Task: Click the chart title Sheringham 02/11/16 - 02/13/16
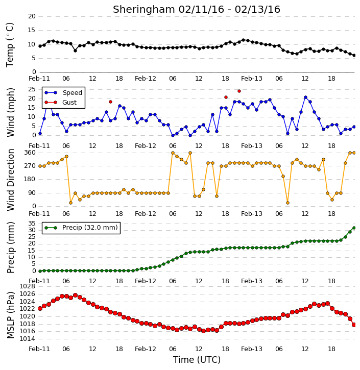click(197, 9)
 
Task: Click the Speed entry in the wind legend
click(63, 93)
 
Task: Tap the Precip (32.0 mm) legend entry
click(81, 228)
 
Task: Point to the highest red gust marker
click(239, 91)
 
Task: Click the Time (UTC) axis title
click(197, 360)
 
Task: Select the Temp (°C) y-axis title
click(10, 45)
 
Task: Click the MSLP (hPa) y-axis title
click(10, 315)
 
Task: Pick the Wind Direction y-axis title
click(11, 180)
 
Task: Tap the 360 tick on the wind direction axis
click(30, 153)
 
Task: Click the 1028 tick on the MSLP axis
click(27, 286)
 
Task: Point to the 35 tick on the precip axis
click(32, 224)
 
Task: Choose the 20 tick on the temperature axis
click(32, 16)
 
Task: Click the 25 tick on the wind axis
click(32, 89)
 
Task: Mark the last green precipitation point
click(354, 228)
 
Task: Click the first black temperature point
click(40, 46)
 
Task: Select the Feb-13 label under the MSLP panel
click(252, 349)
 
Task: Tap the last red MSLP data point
click(354, 325)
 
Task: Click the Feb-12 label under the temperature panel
click(146, 79)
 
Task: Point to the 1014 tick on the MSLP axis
click(27, 339)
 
